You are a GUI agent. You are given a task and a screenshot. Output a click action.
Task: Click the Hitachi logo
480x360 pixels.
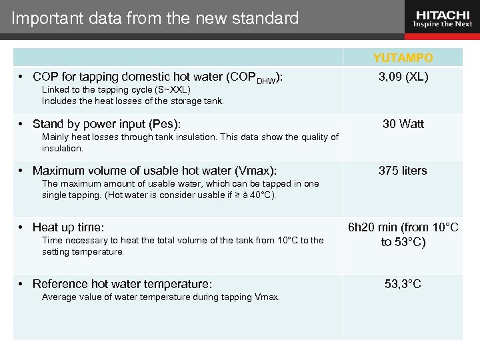442,15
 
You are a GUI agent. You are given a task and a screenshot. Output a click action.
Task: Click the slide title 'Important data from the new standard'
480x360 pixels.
155,19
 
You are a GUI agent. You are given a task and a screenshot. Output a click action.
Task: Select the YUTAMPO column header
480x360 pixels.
403,58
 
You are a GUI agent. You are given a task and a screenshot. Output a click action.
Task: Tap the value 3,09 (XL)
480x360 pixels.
403,77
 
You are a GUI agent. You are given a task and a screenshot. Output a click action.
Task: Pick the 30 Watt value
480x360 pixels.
403,124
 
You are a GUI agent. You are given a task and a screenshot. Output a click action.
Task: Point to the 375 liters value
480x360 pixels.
403,171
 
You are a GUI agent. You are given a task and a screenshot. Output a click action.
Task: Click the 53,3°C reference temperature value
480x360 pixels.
403,284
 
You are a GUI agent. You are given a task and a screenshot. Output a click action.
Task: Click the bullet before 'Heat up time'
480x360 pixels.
22,228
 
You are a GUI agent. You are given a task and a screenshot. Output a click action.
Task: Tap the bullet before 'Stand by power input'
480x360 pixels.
22,124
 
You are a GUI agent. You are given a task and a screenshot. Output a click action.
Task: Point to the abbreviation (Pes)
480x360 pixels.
165,124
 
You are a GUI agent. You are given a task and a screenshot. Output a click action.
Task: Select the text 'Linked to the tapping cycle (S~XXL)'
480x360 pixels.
116,89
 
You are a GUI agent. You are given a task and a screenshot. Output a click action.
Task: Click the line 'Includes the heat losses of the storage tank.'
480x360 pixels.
133,101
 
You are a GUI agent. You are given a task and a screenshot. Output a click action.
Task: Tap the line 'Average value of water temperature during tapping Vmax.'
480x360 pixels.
161,297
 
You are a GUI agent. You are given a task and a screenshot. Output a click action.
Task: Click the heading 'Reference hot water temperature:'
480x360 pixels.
122,284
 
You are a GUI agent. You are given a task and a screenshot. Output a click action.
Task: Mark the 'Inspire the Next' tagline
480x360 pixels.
442,25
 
